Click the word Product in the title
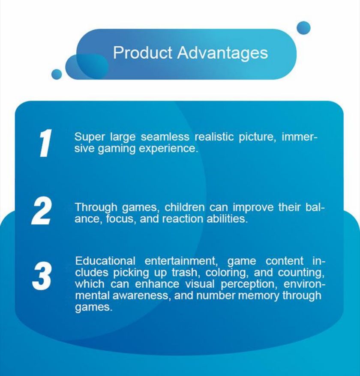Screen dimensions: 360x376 143,53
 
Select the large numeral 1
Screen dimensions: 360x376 45,143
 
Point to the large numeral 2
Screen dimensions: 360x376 41,211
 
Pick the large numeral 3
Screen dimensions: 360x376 42,276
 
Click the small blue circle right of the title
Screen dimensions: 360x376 303,28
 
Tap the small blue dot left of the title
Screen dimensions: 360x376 57,75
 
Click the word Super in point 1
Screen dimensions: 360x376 90,137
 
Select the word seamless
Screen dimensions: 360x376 165,137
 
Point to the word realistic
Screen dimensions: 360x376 214,137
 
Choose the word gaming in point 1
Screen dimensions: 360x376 117,149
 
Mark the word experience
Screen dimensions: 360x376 169,149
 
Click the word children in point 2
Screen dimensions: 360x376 185,207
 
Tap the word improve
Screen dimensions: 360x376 253,208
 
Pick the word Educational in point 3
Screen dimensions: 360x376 105,261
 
